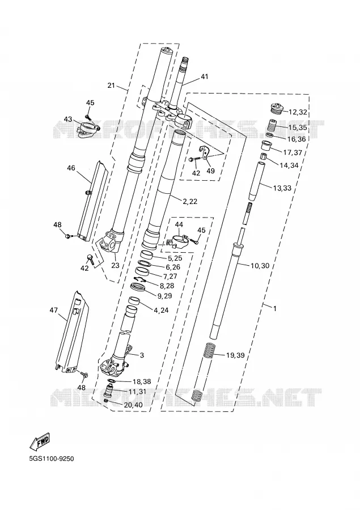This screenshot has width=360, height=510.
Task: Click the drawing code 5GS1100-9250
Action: click(52, 459)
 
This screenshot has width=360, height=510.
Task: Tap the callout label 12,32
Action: click(298, 113)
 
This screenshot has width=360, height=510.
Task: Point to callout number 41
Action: click(205, 76)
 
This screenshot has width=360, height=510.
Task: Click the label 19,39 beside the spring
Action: click(235, 355)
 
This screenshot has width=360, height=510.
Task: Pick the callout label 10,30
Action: click(260, 266)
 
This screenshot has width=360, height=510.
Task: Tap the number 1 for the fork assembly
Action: click(275, 309)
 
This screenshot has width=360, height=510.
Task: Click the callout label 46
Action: click(71, 168)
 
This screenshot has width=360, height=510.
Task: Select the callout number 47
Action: click(53, 310)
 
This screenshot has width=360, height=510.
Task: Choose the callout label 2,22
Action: click(190, 202)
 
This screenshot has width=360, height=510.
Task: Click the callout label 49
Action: click(210, 171)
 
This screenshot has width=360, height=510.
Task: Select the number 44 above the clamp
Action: click(179, 224)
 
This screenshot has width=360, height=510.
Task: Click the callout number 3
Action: click(142, 355)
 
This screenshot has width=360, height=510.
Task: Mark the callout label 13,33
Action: click(282, 188)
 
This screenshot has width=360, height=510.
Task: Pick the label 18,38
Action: click(142, 381)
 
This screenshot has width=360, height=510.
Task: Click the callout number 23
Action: click(115, 265)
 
